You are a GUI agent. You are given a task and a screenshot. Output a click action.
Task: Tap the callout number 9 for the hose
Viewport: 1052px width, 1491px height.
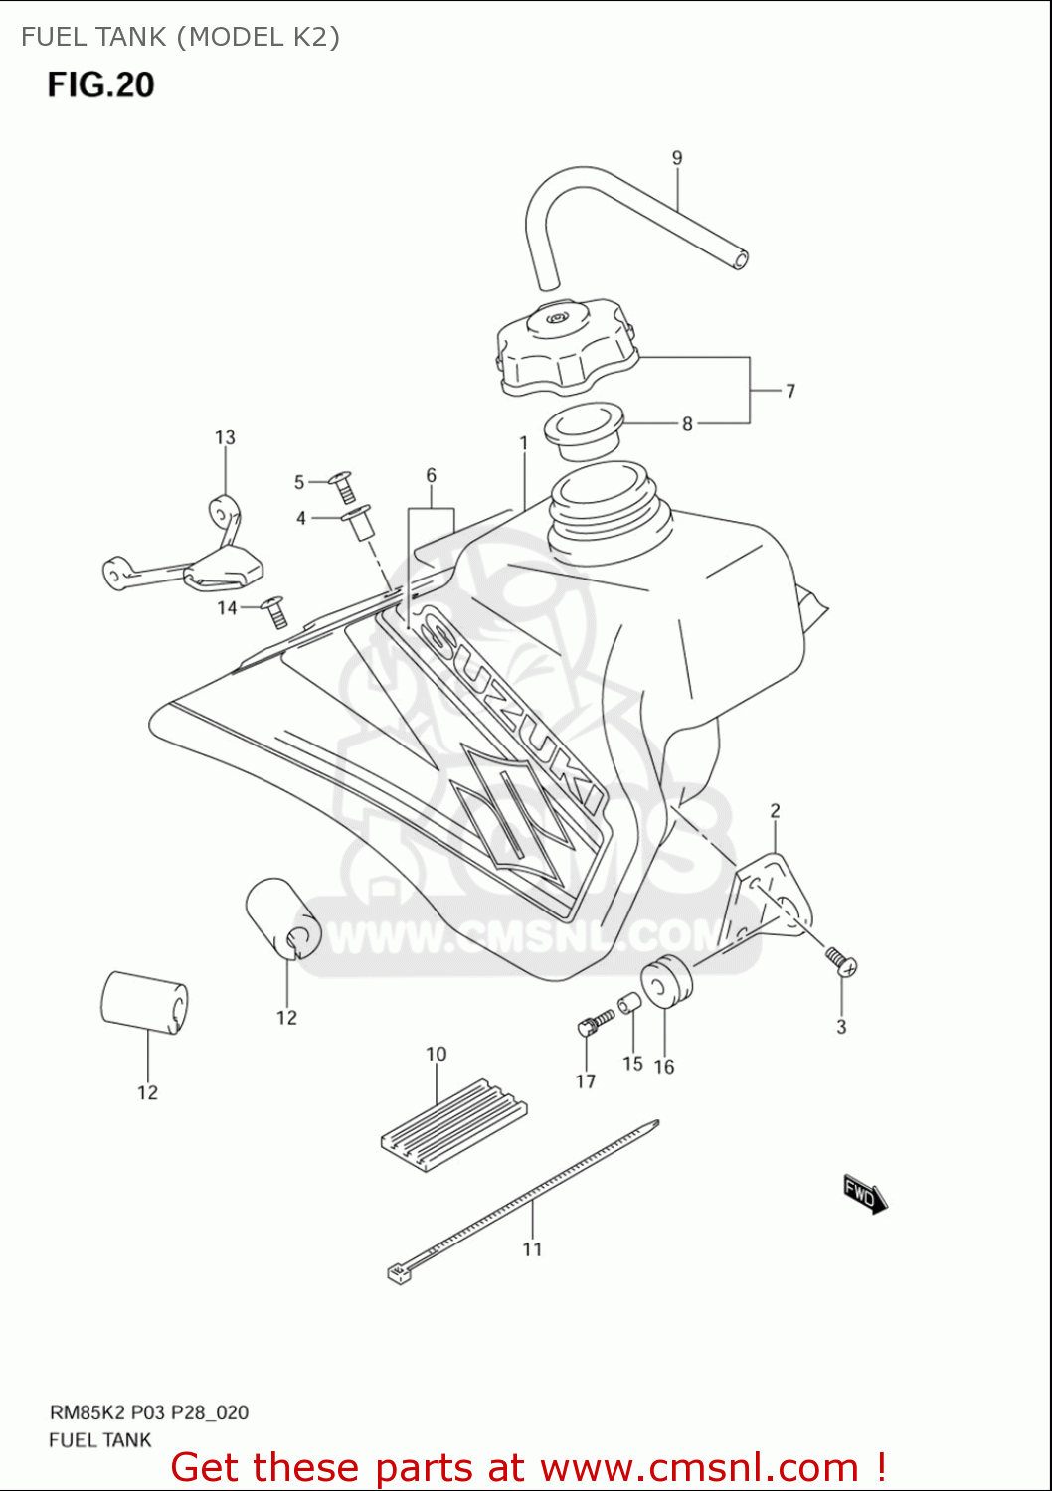(x=677, y=158)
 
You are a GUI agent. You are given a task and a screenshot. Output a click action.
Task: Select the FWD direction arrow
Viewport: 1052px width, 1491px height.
(x=864, y=1193)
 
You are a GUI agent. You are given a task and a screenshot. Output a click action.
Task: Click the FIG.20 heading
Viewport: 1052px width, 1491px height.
(x=100, y=85)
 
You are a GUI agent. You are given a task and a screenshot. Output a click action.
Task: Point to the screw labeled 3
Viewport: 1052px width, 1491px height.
(x=840, y=960)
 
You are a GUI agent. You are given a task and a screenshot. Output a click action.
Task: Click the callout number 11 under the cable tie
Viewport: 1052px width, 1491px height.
(x=532, y=1249)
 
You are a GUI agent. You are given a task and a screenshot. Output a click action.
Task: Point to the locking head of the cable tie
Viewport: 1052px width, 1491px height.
(x=399, y=1272)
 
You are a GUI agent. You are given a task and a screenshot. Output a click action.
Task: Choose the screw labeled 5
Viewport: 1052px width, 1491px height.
(x=344, y=486)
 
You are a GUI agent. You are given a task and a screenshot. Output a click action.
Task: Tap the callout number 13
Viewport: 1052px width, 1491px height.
(x=225, y=437)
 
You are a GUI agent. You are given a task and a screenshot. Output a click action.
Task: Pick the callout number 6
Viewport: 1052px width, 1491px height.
(x=431, y=475)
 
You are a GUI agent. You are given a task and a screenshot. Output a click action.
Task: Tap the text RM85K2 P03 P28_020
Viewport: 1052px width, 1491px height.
(x=149, y=1412)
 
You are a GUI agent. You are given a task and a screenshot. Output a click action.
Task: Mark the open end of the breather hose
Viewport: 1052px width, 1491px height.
(x=740, y=260)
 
